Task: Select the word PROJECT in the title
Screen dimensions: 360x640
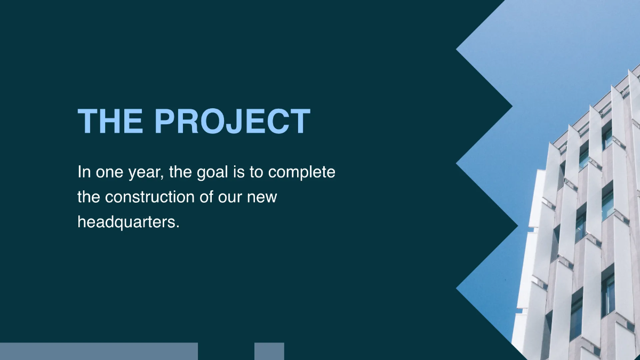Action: pyautogui.click(x=233, y=121)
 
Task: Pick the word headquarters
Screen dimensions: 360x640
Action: pyautogui.click(x=127, y=221)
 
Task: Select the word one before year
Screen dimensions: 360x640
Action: pyautogui.click(x=108, y=173)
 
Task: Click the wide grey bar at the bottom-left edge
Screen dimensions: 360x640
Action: pyautogui.click(x=99, y=351)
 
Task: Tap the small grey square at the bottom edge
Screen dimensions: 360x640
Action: pyautogui.click(x=269, y=351)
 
